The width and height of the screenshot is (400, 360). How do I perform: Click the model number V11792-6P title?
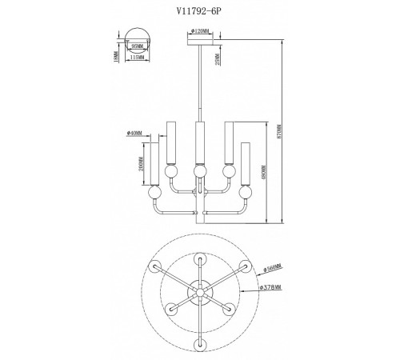(198, 11)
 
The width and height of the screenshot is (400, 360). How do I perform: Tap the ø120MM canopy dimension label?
(200, 32)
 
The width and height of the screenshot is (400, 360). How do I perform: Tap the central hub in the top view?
(198, 292)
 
